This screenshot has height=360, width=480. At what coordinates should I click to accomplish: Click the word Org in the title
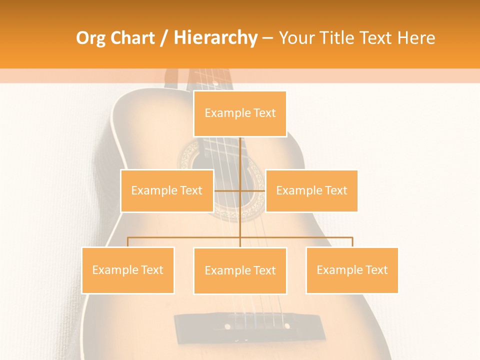[x=90, y=38]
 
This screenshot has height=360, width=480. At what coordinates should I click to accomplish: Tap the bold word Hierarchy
[x=215, y=38]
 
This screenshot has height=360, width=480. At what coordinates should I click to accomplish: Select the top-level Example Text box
[x=240, y=113]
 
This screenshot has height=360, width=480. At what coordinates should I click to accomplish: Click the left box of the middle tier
[x=167, y=190]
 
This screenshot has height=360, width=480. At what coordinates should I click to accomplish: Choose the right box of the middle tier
[x=311, y=190]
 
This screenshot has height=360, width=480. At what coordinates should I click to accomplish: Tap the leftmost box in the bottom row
[x=128, y=270]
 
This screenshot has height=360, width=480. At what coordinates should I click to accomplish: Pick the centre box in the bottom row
[x=240, y=270]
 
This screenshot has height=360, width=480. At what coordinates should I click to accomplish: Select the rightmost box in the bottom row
[x=352, y=270]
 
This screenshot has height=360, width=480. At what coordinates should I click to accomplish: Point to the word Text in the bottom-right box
[x=376, y=270]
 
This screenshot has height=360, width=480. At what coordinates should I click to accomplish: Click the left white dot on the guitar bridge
[x=227, y=326]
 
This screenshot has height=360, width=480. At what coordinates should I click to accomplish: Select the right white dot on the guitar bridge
[x=287, y=326]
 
